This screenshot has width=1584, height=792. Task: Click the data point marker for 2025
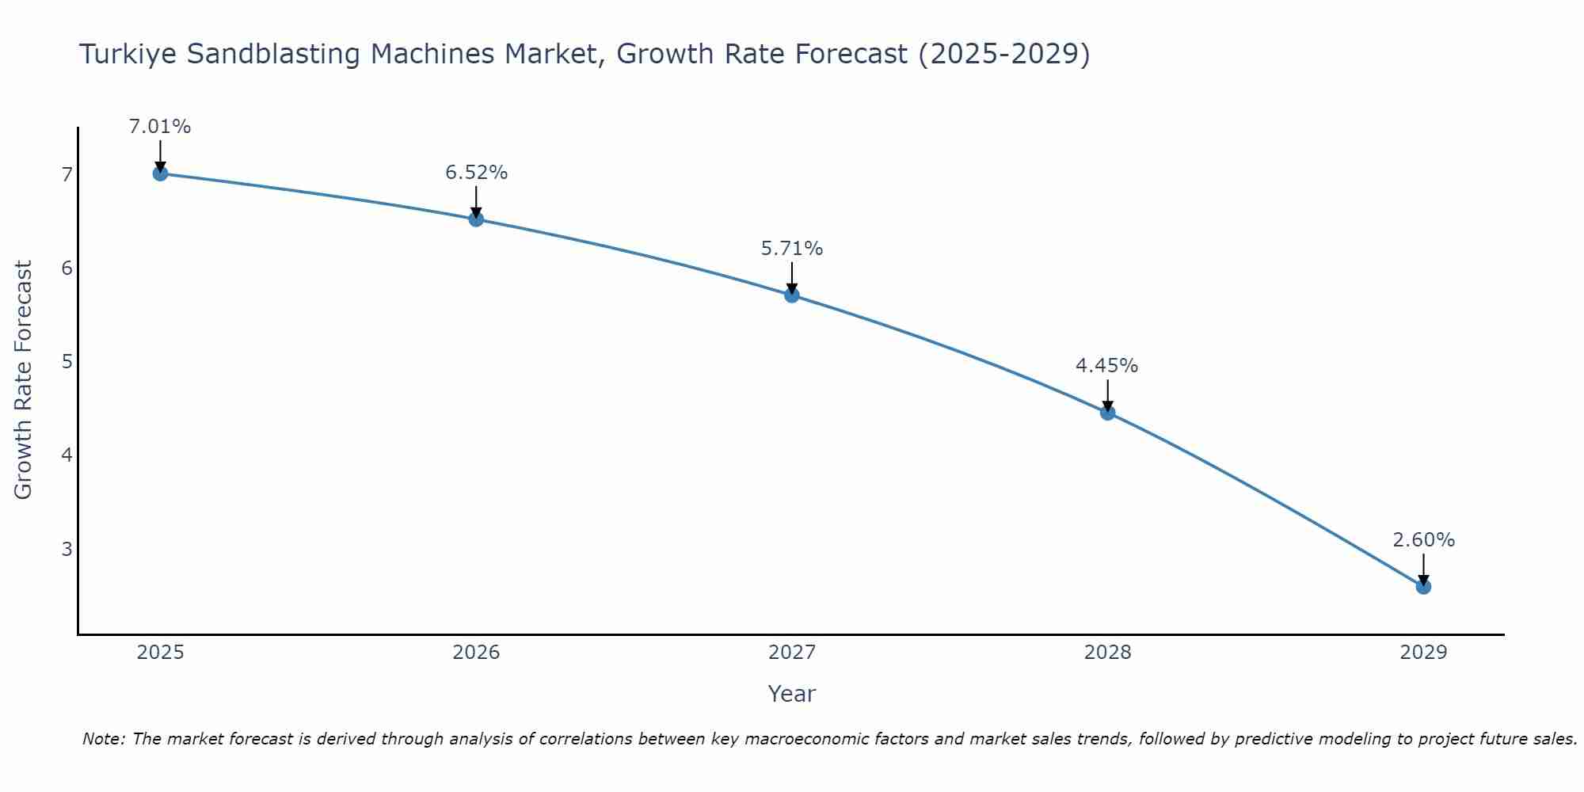click(160, 173)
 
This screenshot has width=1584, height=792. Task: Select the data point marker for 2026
click(476, 219)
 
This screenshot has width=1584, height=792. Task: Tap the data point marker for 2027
click(792, 295)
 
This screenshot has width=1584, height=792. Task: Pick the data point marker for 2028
click(1107, 413)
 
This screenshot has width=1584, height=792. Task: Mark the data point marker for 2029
click(1423, 587)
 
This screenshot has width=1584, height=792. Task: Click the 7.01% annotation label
click(160, 127)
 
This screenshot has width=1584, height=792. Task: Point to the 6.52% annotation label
click(476, 173)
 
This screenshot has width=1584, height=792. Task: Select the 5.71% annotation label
click(792, 249)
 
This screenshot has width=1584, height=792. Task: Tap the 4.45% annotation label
click(1107, 366)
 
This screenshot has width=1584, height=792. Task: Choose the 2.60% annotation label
click(1423, 540)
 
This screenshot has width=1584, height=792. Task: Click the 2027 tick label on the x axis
click(792, 653)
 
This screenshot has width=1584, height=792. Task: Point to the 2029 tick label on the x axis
click(1423, 653)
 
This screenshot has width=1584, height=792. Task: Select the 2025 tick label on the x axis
click(160, 653)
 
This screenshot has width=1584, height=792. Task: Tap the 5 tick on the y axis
click(67, 361)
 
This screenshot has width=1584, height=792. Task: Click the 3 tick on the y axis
click(67, 548)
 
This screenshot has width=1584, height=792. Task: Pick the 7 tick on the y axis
click(67, 174)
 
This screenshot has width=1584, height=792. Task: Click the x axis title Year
click(792, 694)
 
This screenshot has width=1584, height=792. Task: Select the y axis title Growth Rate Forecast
click(24, 380)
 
